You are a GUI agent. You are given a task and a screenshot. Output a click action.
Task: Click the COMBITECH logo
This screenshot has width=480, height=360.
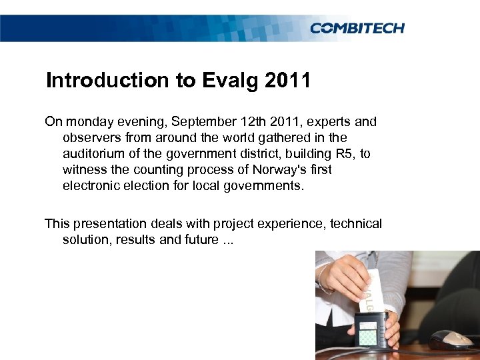357,27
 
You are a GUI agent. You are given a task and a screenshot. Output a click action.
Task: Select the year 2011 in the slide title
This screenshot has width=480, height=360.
287,81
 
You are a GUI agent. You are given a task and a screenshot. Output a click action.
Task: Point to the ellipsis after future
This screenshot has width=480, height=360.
227,240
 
